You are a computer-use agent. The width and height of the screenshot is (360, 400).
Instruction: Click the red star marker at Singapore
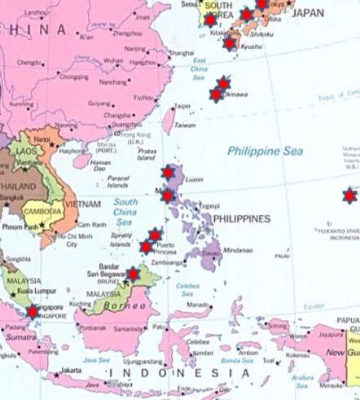[32, 311]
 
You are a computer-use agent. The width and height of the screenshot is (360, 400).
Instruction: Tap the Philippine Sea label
[265, 151]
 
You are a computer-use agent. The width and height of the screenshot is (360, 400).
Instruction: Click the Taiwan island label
[186, 125]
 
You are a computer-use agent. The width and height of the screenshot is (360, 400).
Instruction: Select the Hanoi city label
[42, 139]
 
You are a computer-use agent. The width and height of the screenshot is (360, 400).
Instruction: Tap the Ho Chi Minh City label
[70, 240]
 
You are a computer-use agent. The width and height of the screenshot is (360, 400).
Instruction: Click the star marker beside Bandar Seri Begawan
[132, 275]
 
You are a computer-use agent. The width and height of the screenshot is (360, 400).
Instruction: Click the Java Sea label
[96, 358]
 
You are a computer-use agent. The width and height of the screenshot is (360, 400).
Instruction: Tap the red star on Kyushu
[229, 42]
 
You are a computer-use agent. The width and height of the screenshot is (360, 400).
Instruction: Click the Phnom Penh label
[18, 226]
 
